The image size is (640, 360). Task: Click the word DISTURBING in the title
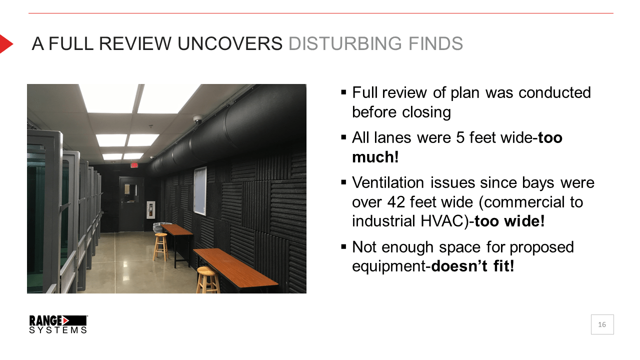(345, 43)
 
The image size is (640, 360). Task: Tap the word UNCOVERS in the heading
(230, 43)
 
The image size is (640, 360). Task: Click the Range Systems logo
(58, 324)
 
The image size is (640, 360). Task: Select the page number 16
(602, 324)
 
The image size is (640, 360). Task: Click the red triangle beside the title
(5, 43)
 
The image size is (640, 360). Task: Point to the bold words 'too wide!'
(509, 221)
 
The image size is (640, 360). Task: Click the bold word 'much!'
(375, 157)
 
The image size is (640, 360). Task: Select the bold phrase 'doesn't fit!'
(473, 266)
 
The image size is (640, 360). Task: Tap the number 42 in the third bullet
(396, 202)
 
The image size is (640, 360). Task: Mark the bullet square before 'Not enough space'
(343, 246)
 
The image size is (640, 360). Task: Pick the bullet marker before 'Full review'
(343, 92)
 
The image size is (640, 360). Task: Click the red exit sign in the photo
(134, 165)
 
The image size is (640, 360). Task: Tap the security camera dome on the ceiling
(197, 119)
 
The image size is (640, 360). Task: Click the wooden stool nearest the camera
(207, 280)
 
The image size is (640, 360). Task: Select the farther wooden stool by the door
(160, 247)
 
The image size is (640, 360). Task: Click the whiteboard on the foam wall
(200, 190)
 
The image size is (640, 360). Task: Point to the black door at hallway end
(131, 204)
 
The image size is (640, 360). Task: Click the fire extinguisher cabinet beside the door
(150, 209)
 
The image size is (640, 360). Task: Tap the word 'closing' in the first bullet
(426, 112)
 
